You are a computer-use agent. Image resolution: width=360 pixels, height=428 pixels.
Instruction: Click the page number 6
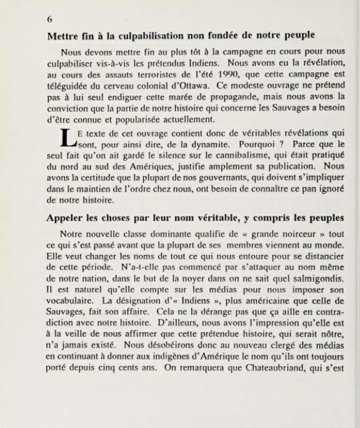50,19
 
